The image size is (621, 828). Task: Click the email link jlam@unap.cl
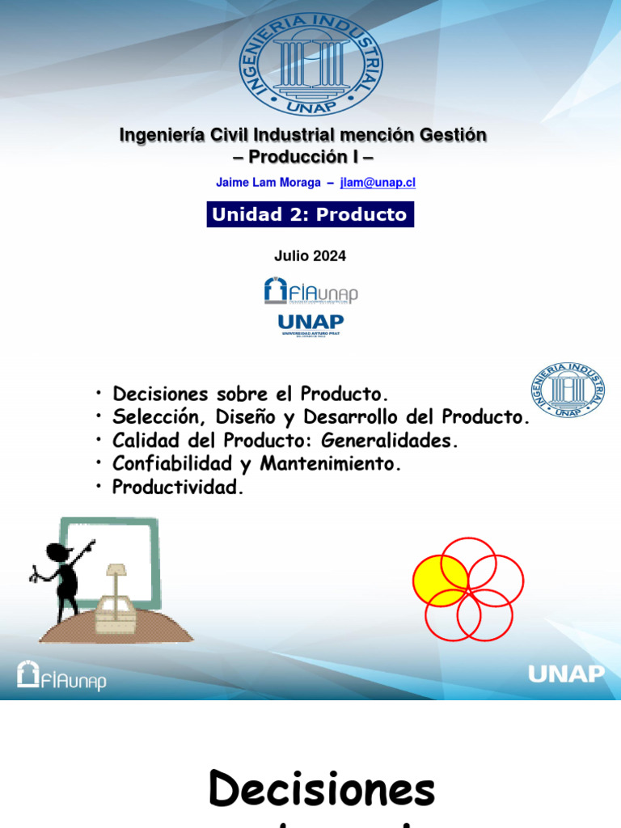coord(378,183)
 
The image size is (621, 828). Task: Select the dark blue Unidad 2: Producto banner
coord(310,214)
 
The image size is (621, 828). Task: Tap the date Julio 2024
coord(310,256)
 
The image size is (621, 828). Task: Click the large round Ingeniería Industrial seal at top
coord(311,64)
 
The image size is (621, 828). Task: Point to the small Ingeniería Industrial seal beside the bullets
coord(568,390)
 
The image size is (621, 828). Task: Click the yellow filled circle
coord(439,580)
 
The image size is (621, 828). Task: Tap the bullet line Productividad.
coord(177,488)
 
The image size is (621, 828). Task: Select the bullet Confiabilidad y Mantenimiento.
coord(256,464)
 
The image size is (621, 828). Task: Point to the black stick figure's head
coord(57,553)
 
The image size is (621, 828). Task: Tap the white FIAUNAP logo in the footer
coord(61,676)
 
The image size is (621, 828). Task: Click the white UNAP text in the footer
coord(566,674)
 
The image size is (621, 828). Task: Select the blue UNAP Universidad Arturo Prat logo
coord(310,325)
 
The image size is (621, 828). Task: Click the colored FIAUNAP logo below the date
coord(310,290)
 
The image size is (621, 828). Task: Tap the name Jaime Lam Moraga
coord(268,183)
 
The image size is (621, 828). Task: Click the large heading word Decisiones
coord(322,788)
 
